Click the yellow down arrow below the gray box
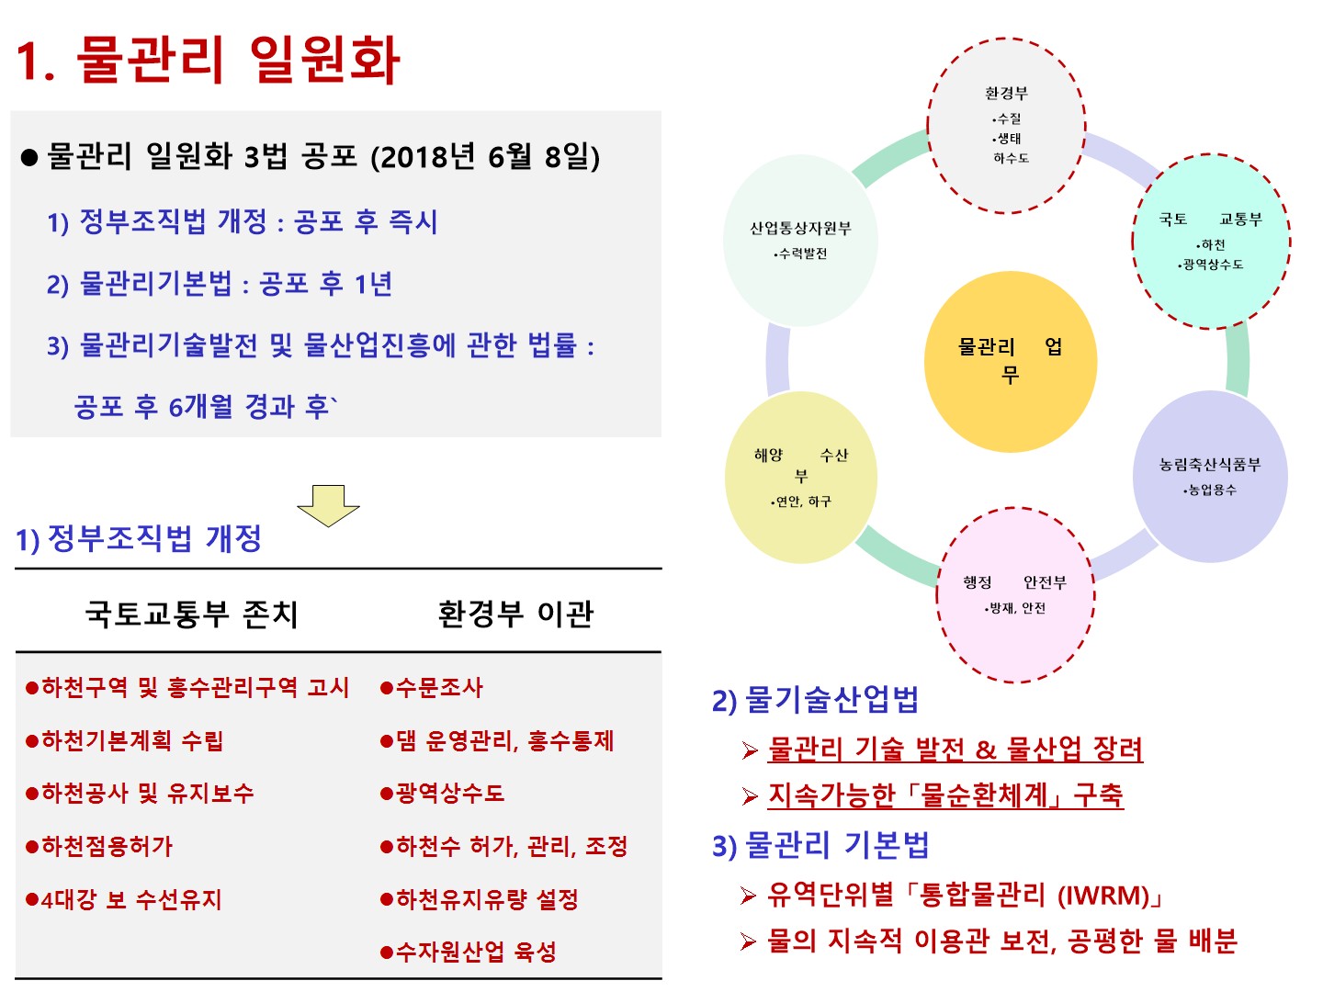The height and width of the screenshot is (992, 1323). click(328, 504)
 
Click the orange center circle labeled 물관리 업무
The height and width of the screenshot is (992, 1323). click(1010, 361)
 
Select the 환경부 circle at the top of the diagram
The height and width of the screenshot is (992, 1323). click(1007, 126)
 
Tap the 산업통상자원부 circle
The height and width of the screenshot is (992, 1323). click(800, 240)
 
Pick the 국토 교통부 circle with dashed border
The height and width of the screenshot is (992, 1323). click(1211, 242)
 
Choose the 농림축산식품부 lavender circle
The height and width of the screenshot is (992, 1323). click(1210, 476)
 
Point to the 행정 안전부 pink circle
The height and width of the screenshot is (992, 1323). click(1015, 594)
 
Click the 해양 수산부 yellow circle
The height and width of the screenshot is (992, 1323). click(801, 477)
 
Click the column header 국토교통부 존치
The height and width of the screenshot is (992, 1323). click(192, 613)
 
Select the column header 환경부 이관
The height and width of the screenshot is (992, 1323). click(515, 613)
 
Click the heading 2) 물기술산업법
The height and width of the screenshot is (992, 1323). click(815, 700)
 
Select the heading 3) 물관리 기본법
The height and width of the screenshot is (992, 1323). click(820, 845)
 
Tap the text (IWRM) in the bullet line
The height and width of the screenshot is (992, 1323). click(1110, 894)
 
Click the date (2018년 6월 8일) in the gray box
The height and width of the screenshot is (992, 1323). click(485, 157)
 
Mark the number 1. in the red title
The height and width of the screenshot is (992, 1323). click(37, 62)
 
